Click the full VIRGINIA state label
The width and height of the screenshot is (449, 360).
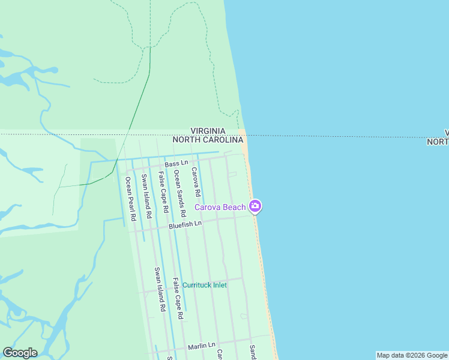point(208,131)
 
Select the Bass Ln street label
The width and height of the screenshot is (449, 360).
point(176,163)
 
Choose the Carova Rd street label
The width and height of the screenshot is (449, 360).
point(195,182)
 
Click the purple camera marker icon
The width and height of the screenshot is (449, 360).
point(255,206)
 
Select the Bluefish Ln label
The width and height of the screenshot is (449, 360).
point(185,225)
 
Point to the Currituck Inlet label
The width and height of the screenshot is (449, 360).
point(205,285)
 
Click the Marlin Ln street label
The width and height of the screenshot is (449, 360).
point(201,346)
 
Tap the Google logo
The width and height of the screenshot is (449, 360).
point(20,353)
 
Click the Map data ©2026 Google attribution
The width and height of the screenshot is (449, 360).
point(412,355)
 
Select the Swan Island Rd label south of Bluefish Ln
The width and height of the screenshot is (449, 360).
point(159,289)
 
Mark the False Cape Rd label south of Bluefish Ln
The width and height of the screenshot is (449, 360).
point(177,298)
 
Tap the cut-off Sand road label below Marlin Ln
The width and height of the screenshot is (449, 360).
point(253,353)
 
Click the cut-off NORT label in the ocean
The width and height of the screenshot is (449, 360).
point(438,142)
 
